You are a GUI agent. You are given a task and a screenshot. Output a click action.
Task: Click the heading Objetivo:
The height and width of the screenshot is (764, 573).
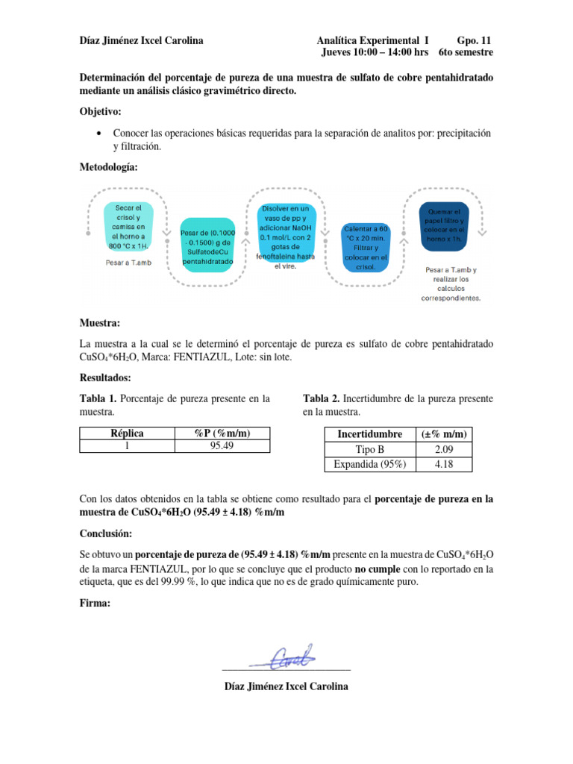[x=101, y=111]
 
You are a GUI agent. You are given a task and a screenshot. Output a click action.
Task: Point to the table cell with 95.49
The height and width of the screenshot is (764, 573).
[x=222, y=446]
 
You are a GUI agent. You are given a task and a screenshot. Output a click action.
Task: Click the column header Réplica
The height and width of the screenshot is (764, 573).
[x=127, y=433]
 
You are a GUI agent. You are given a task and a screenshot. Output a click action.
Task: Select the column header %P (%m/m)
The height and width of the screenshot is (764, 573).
[x=222, y=433]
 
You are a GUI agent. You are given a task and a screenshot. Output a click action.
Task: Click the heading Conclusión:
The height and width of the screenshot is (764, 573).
[x=105, y=534]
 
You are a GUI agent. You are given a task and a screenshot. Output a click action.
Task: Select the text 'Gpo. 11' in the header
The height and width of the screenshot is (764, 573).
[x=473, y=40]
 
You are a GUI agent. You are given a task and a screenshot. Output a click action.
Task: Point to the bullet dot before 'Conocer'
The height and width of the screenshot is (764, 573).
[x=100, y=133]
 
